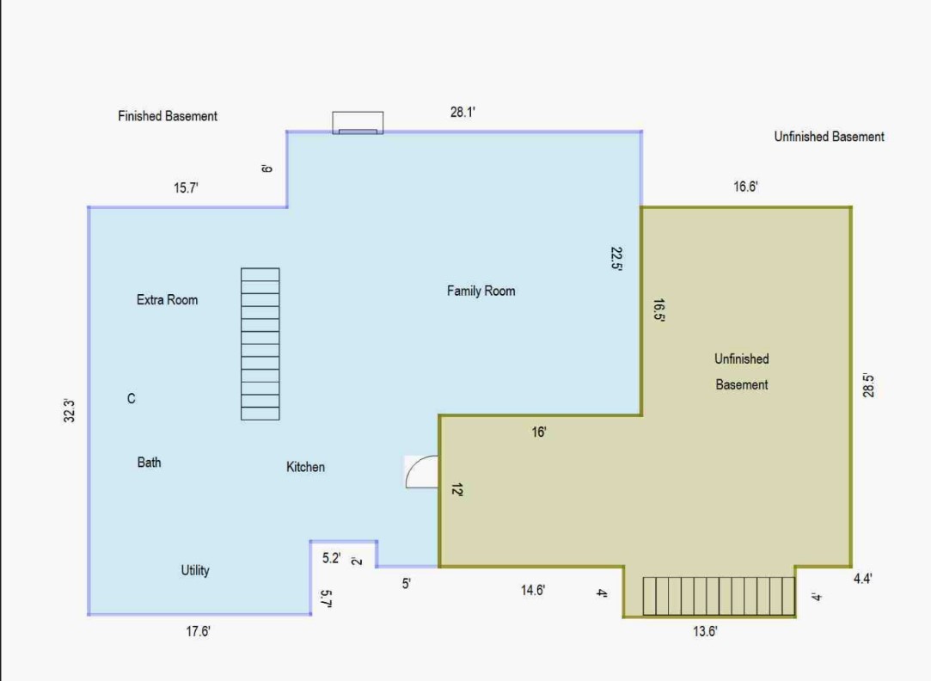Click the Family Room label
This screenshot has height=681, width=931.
point(481,291)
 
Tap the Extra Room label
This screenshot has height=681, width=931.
point(167,300)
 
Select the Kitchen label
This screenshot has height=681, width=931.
point(305,467)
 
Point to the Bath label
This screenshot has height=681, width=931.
point(149,463)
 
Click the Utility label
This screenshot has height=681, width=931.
point(195,571)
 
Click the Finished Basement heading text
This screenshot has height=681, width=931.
point(168,116)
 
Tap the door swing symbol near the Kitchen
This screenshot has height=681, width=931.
point(422,472)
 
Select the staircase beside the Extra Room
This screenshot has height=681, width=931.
point(260,344)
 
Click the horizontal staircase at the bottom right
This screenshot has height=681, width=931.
point(719,596)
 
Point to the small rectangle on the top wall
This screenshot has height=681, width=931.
point(358,123)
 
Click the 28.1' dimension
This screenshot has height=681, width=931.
point(462,113)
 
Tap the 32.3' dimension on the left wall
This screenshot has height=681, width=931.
point(69,411)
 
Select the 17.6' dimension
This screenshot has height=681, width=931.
point(198,631)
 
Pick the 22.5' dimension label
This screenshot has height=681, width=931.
point(616,259)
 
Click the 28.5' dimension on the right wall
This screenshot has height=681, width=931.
point(868,385)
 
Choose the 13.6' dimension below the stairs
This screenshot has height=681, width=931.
point(705,631)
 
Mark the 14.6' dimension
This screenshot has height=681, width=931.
point(533,590)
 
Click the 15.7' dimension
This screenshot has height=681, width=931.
point(186,188)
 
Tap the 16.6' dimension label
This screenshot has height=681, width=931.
point(745,187)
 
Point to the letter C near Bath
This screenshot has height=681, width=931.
point(132,399)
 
